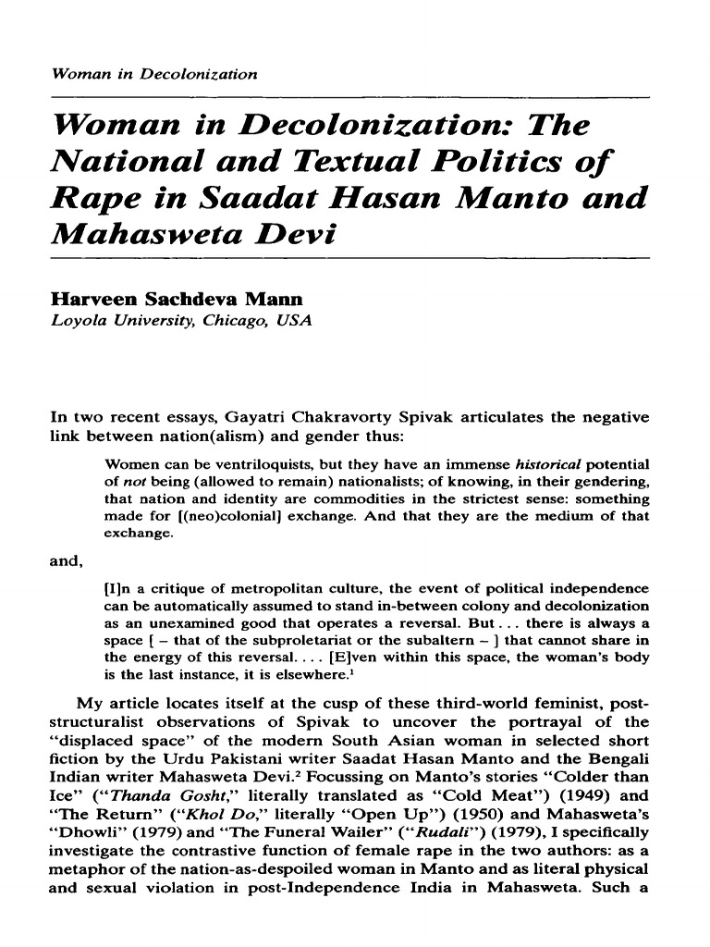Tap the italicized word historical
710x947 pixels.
(545, 461)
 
